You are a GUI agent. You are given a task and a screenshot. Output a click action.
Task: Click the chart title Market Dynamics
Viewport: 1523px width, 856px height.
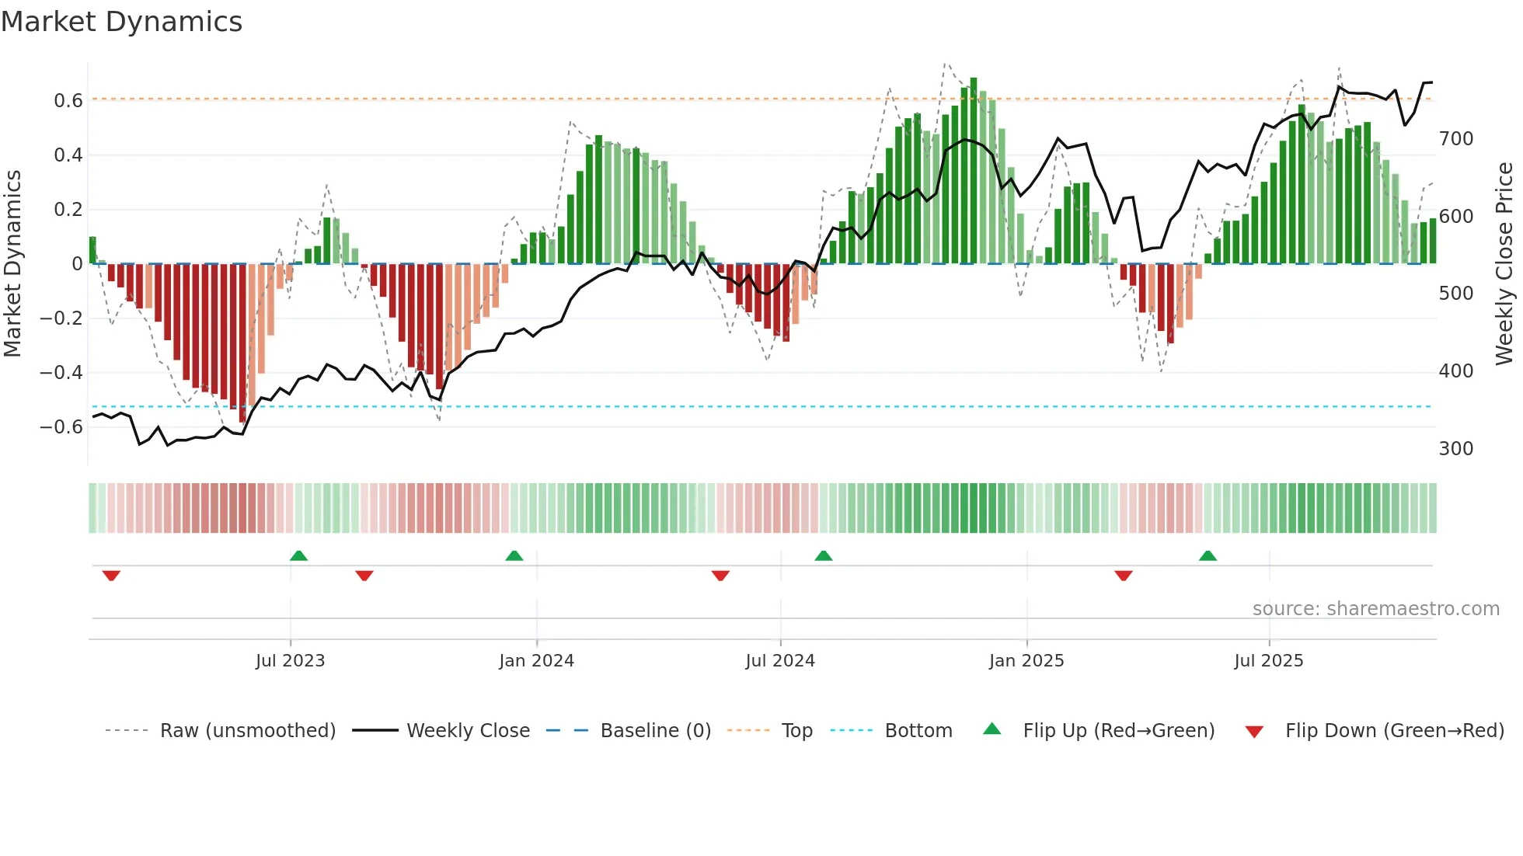(x=122, y=22)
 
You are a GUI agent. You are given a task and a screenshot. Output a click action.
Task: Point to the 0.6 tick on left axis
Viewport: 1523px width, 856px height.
(x=68, y=101)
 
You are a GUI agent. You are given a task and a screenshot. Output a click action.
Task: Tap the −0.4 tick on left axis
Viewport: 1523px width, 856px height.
(x=61, y=373)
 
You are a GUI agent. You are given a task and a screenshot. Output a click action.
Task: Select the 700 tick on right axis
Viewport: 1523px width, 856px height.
(x=1456, y=139)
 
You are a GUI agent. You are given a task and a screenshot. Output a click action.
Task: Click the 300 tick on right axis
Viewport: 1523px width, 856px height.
(x=1456, y=449)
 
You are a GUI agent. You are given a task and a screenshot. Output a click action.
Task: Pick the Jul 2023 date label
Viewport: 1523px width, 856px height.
(x=290, y=661)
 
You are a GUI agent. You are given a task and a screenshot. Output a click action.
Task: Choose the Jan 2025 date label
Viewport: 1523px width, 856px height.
(x=1026, y=661)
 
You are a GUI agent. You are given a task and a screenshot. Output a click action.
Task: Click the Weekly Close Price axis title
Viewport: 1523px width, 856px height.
(x=1505, y=264)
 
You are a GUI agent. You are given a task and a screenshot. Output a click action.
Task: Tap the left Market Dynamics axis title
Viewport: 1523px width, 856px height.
(x=13, y=264)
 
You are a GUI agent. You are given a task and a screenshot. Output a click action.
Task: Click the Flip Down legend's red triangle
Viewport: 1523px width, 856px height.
(x=1254, y=732)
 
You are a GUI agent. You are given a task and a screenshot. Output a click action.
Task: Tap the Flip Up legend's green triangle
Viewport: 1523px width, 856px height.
(x=992, y=729)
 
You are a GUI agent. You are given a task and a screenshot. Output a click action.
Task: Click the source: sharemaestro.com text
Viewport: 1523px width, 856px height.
(x=1375, y=609)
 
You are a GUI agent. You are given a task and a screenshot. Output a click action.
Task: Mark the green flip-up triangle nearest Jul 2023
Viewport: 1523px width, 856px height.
(x=298, y=555)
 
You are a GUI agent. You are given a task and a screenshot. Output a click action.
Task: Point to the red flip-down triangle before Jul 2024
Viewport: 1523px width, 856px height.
(x=720, y=576)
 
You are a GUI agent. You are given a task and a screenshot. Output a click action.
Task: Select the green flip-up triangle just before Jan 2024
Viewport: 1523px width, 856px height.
(x=514, y=555)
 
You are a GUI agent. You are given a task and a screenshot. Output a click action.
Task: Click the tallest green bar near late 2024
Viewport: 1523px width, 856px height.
(x=974, y=171)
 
